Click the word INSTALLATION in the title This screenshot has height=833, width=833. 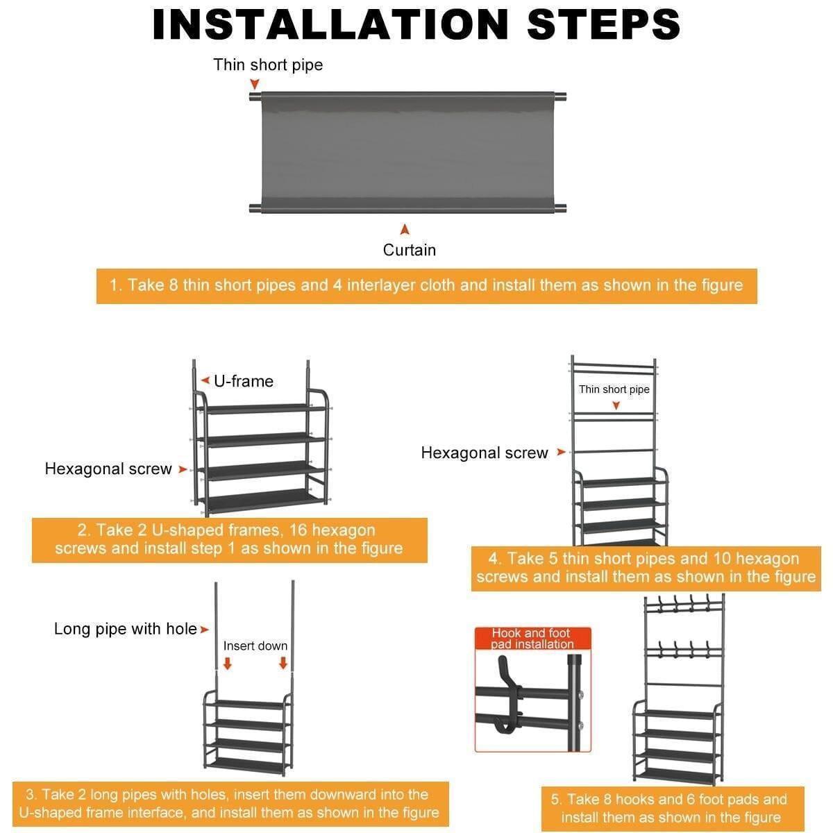click(330, 24)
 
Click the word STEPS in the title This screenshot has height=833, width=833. click(603, 24)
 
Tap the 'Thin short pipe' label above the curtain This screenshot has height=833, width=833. click(268, 65)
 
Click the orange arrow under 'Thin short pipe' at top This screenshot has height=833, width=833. click(255, 84)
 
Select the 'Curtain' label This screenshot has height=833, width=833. click(409, 251)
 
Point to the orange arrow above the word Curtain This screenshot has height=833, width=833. click(405, 229)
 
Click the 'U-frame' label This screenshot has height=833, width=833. click(244, 381)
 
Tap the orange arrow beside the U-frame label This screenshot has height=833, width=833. click(205, 381)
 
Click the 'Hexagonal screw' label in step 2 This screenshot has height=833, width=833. click(108, 469)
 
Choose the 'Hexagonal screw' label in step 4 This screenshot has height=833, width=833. click(484, 453)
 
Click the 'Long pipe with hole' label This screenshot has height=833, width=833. click(126, 629)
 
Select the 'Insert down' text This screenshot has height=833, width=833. click(255, 646)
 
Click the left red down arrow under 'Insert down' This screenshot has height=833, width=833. click(228, 664)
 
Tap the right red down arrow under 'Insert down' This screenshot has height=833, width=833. click(283, 663)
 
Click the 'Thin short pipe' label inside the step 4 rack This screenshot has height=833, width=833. click(614, 389)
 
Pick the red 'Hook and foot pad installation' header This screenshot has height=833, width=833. click(532, 639)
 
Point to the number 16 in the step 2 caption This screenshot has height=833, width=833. click(298, 530)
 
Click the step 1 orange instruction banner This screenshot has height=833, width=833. click(426, 286)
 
